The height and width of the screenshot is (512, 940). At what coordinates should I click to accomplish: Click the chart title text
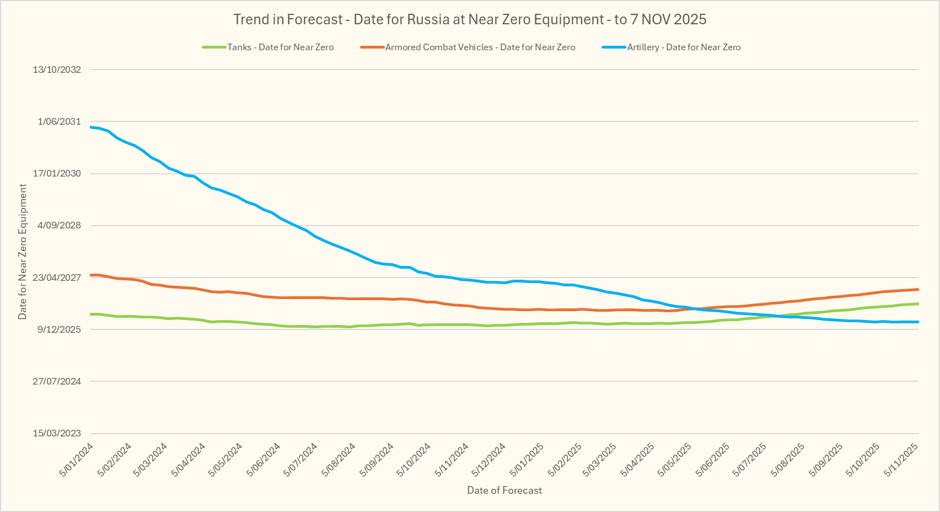(x=470, y=19)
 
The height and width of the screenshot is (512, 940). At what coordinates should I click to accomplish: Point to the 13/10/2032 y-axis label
(x=57, y=70)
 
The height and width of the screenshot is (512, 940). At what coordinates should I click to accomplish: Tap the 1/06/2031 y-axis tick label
(x=59, y=121)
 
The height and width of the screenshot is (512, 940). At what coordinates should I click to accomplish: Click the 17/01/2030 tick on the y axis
(x=57, y=173)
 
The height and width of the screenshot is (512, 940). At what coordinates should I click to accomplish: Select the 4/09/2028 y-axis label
(x=59, y=225)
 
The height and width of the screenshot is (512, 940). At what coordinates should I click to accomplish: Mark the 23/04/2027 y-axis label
(x=57, y=278)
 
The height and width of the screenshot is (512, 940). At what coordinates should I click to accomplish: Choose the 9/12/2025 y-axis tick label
(x=59, y=329)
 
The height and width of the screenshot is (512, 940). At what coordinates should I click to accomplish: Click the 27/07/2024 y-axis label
(x=57, y=381)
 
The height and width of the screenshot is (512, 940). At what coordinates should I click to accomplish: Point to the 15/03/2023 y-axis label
(x=57, y=433)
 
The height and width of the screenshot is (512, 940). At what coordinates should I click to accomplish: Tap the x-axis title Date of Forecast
(x=504, y=490)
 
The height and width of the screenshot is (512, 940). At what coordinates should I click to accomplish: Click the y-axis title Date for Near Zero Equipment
(x=23, y=252)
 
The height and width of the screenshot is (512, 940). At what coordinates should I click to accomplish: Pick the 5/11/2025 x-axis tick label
(x=901, y=459)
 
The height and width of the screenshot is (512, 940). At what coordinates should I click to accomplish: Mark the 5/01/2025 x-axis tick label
(x=527, y=459)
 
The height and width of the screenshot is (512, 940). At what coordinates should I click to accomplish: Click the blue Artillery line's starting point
(x=91, y=127)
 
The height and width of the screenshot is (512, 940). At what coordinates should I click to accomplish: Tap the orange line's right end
(x=917, y=289)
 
